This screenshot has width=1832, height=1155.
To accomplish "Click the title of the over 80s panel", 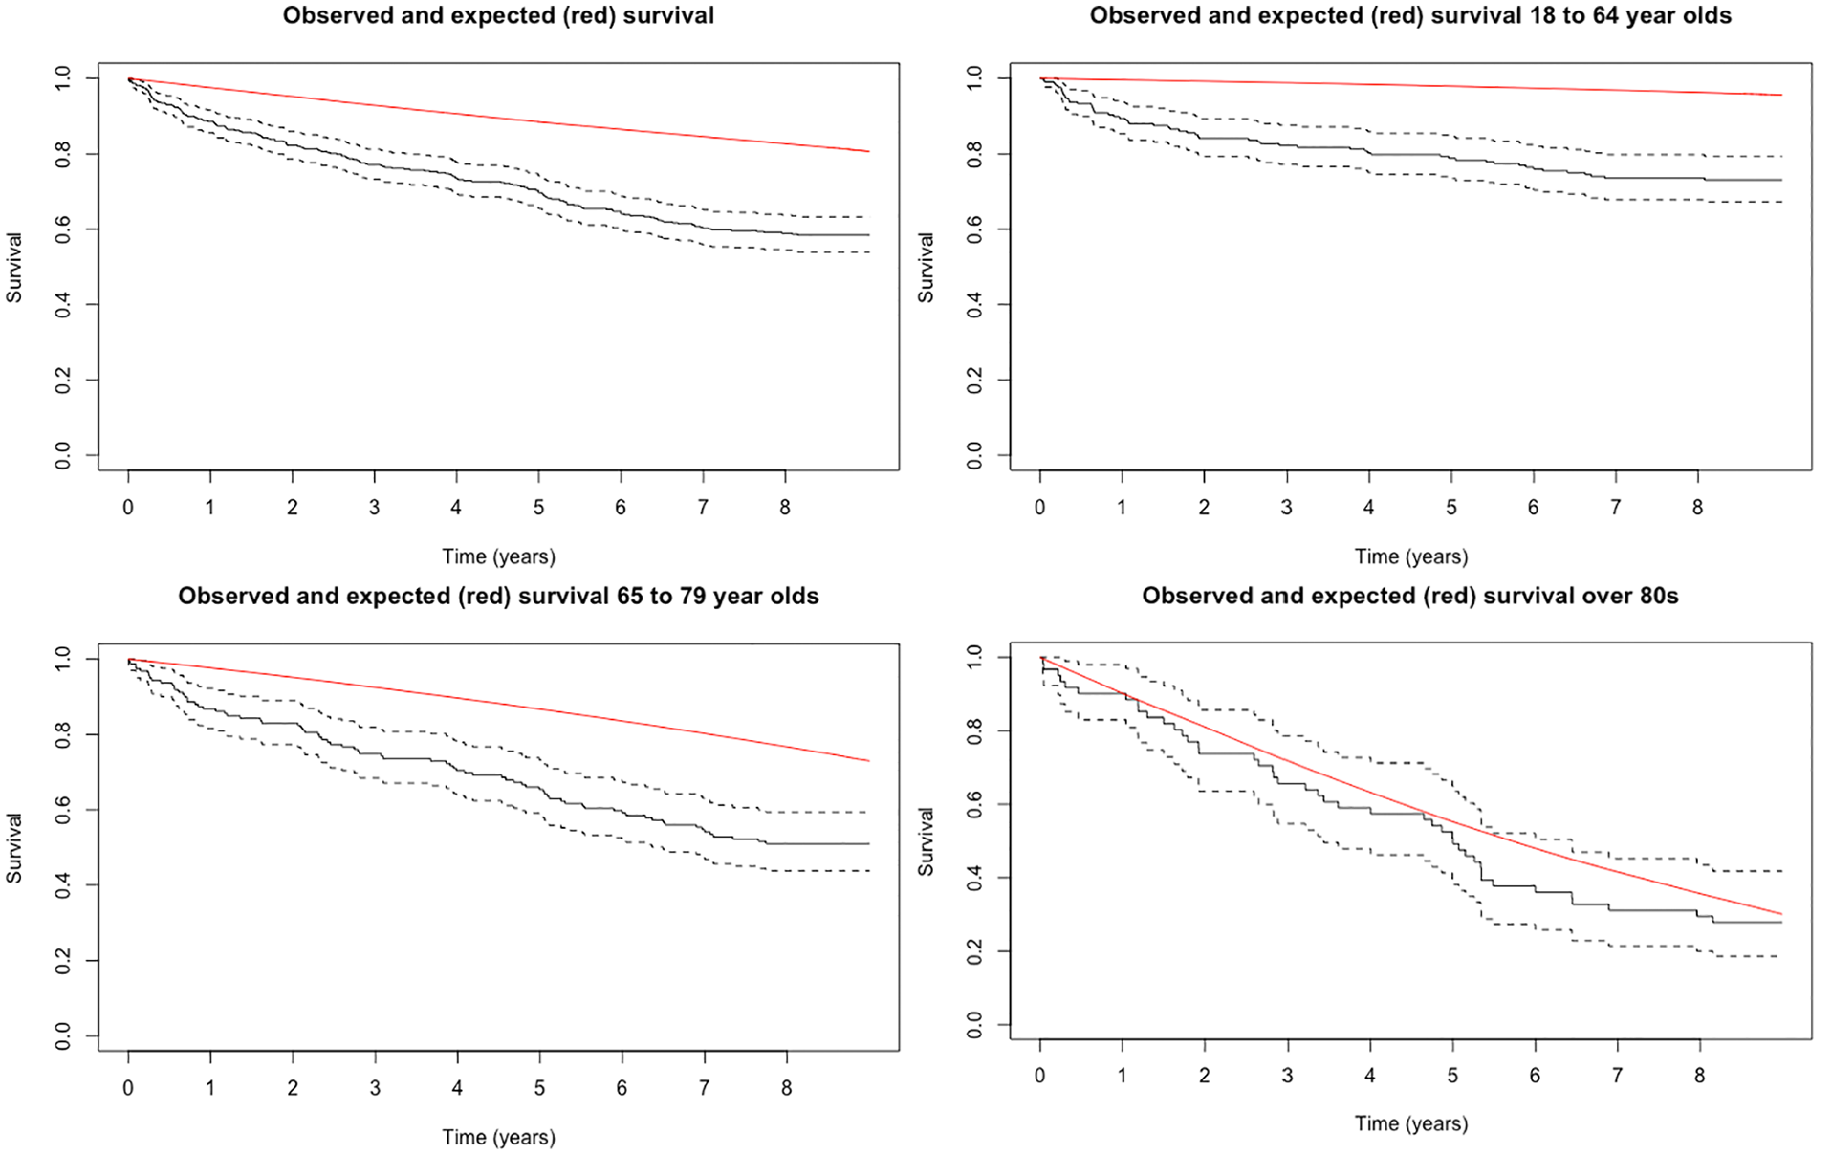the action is click(1410, 596).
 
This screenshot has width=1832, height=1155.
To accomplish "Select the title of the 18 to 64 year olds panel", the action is click(1410, 15).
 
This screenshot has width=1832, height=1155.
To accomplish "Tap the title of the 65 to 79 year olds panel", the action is click(498, 596).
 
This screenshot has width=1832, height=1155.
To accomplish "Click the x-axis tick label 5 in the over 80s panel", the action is click(1451, 1076).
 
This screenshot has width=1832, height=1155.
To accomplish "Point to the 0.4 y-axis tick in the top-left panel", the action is click(62, 305).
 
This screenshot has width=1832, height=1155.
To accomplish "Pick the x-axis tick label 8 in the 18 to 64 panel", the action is click(1697, 508).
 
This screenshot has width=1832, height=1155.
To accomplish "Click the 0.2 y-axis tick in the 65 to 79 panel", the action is click(62, 961).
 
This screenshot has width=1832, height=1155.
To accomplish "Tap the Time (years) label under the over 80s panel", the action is click(1410, 1124).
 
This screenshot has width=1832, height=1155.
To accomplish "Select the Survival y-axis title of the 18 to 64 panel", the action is click(926, 268).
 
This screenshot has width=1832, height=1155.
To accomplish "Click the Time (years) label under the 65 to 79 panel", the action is click(498, 1138).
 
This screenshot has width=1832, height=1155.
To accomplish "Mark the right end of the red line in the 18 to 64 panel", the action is click(1781, 95).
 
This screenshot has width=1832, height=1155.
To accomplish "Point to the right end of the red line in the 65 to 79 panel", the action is click(869, 761).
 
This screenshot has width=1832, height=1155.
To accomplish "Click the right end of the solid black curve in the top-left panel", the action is click(869, 234).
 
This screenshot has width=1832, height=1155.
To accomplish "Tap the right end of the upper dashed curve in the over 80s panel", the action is click(1781, 871).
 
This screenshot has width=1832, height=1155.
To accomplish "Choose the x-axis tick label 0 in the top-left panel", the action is click(128, 508).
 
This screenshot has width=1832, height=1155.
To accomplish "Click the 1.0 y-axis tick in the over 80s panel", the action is click(974, 657).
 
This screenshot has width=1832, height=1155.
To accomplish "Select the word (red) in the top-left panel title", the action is click(585, 15).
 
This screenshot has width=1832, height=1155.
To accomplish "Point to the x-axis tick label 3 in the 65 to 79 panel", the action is click(375, 1088).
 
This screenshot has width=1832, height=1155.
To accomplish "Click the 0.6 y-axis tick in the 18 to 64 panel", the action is click(974, 229).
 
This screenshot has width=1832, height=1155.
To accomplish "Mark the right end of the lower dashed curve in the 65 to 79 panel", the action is click(869, 870).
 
